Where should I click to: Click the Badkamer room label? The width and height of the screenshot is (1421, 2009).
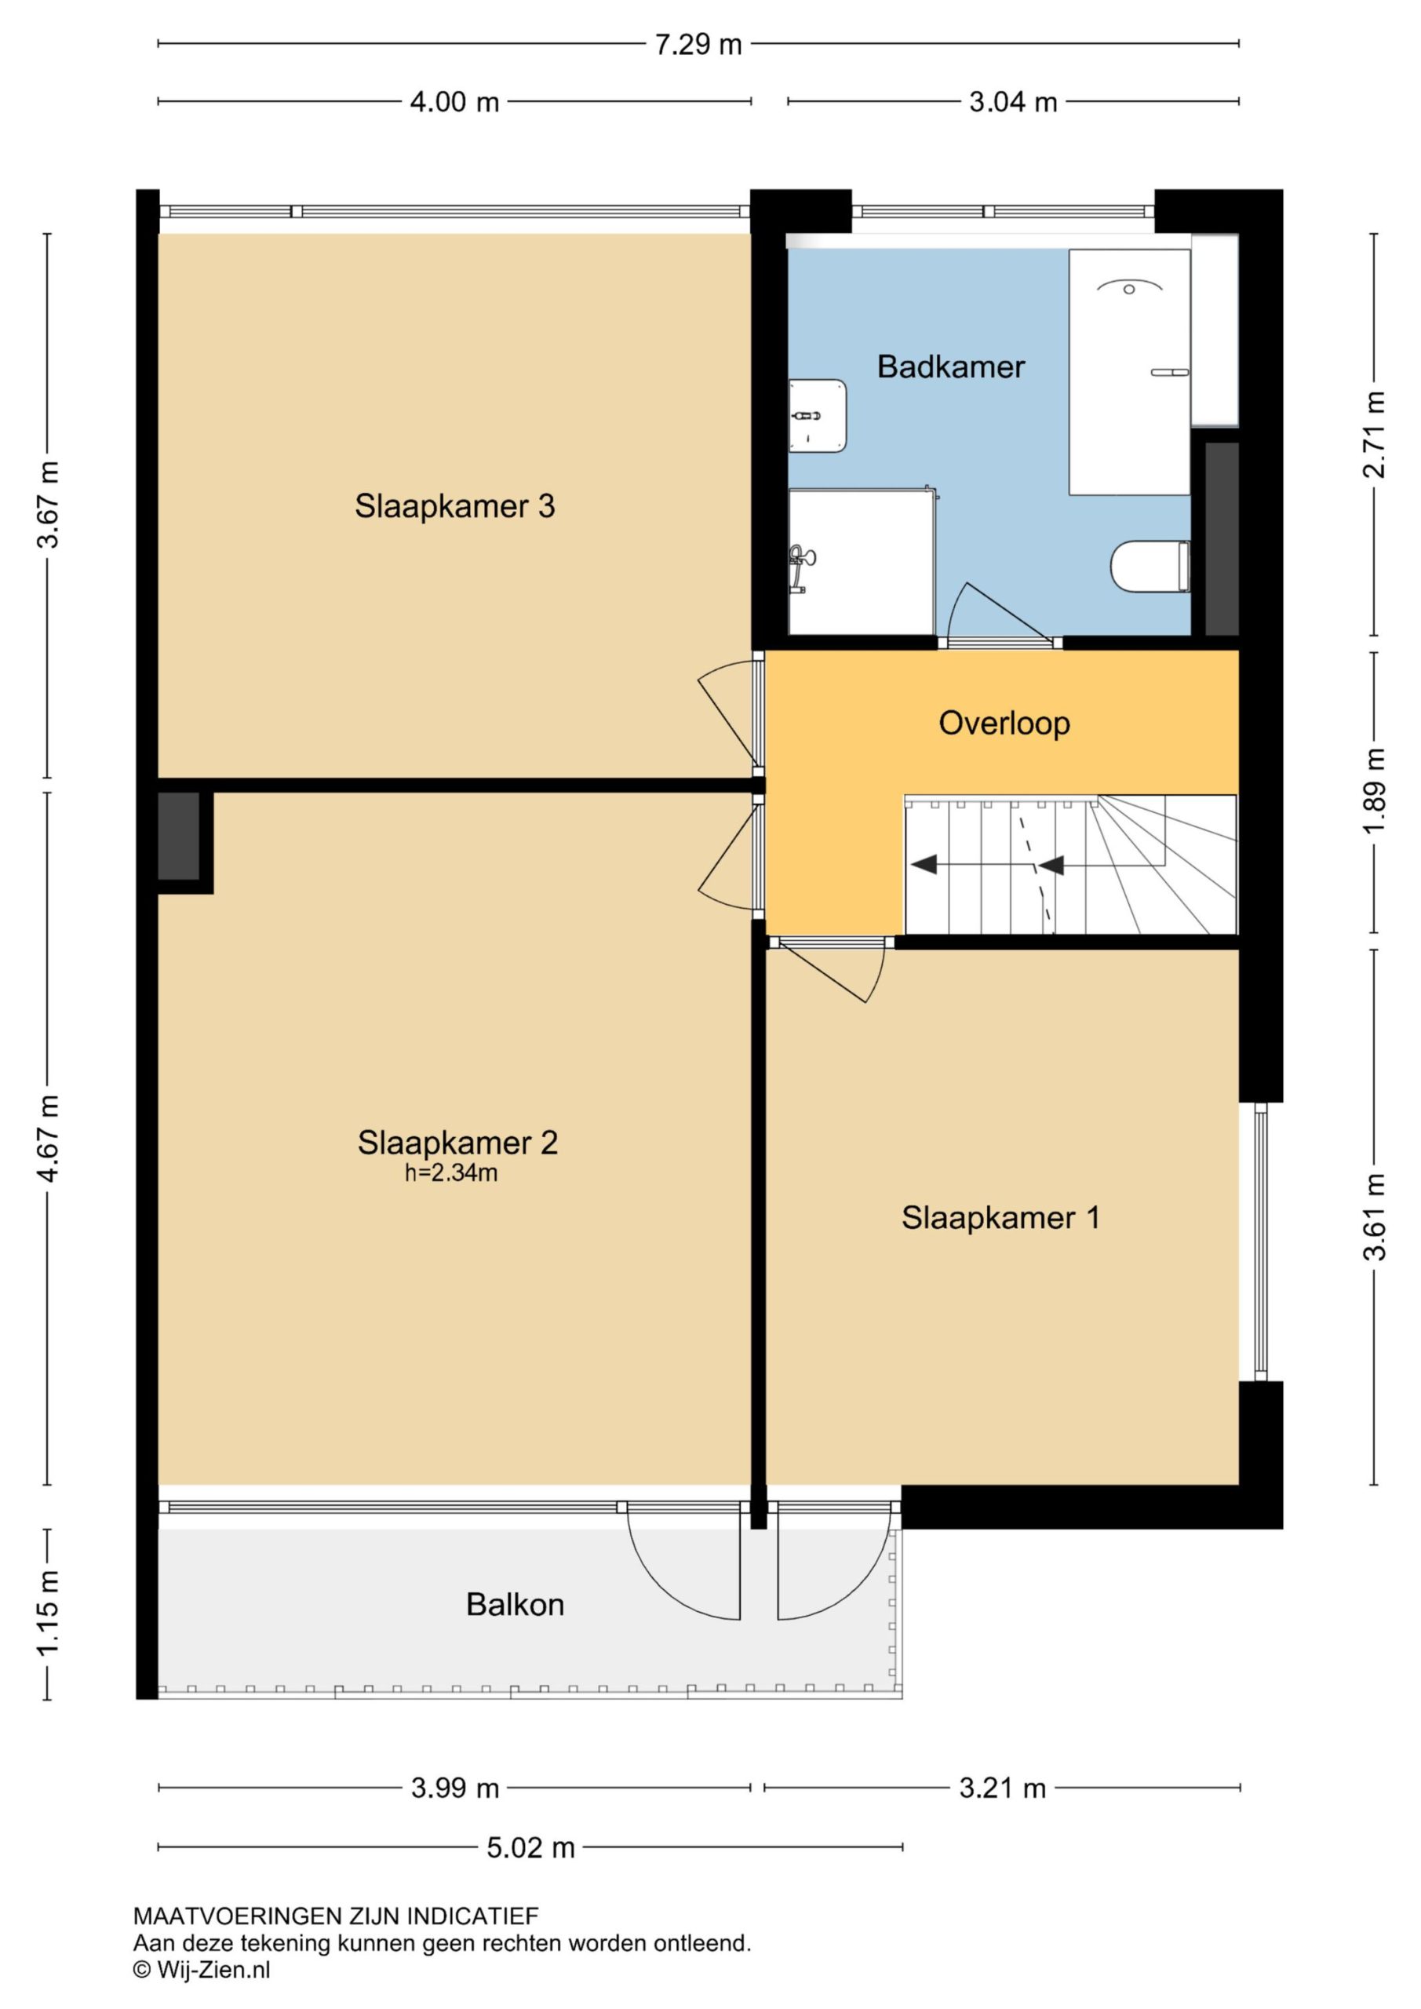(x=950, y=366)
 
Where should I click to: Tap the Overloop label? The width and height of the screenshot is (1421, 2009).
(x=1004, y=723)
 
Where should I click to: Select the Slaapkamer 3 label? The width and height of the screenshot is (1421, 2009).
(x=454, y=505)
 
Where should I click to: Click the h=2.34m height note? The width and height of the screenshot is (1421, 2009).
(x=450, y=1173)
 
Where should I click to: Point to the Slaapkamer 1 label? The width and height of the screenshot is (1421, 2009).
(x=1000, y=1217)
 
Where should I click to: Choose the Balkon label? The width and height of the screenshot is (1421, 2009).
(x=515, y=1604)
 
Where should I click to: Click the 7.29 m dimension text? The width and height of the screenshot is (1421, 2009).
(x=698, y=44)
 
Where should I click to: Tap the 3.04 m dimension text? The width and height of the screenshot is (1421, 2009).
(x=1012, y=102)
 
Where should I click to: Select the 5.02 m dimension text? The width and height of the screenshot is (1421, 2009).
(x=530, y=1847)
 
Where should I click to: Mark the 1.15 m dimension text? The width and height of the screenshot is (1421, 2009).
(x=48, y=1613)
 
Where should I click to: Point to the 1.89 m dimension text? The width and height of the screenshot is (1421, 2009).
(x=1374, y=791)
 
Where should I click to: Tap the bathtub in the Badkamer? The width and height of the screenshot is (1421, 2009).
(x=1129, y=372)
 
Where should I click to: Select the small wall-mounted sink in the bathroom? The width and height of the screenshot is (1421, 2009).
(x=818, y=416)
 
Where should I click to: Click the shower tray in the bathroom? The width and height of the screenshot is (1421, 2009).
(x=861, y=562)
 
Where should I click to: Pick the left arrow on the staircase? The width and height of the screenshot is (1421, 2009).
(x=924, y=865)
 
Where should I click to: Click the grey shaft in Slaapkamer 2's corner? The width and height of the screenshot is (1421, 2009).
(x=180, y=837)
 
